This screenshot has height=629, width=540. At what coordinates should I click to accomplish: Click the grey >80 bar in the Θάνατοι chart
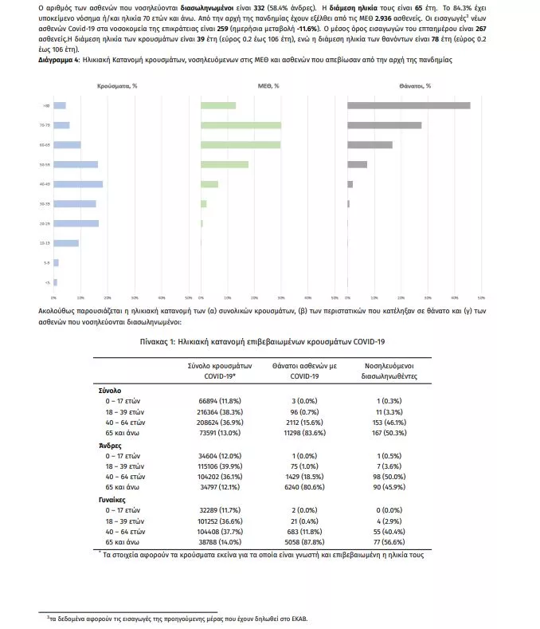409,105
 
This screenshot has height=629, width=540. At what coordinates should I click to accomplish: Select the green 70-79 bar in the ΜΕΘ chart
241,125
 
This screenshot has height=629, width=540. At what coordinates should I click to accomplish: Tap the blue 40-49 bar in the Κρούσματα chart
78,184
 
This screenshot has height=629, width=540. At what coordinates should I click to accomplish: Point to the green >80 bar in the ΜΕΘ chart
218,105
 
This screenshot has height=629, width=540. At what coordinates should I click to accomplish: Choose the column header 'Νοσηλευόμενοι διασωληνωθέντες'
385,370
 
